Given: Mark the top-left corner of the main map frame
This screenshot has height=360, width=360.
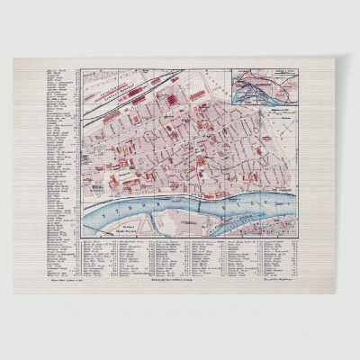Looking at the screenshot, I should coord(78,69).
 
